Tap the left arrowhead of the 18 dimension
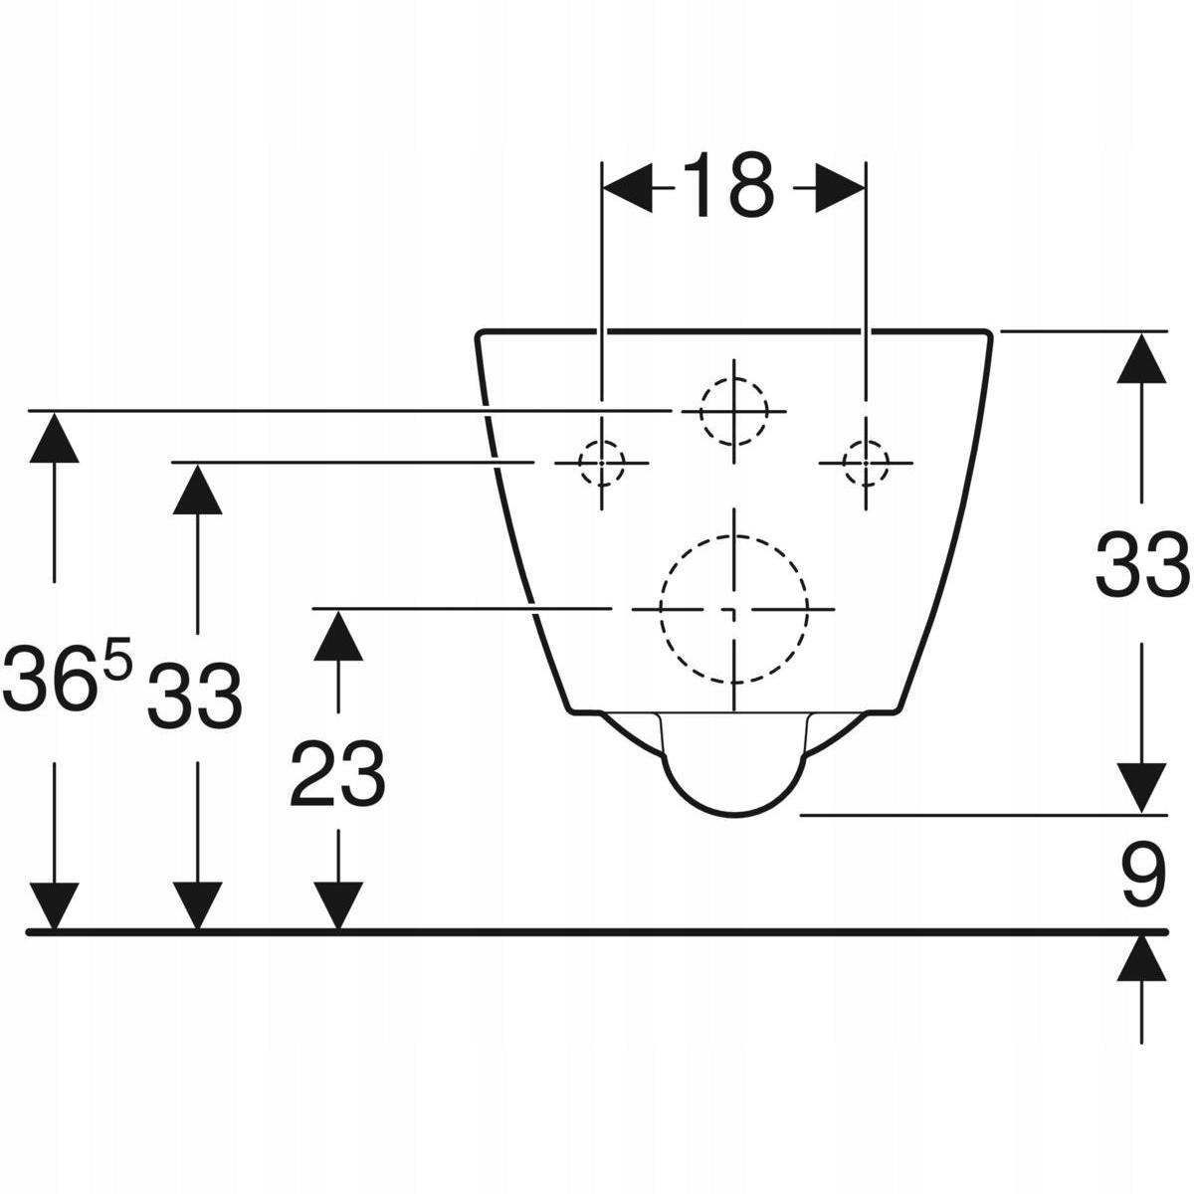pos(627,188)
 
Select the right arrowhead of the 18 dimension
pos(840,188)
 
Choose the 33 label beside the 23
pos(195,696)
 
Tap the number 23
pos(337,774)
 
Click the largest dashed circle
pos(734,609)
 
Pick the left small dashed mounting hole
pos(602,463)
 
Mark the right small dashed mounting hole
pos(866,463)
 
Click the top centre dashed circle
pos(734,411)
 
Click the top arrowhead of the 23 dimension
pos(338,636)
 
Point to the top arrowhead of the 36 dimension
pos(55,438)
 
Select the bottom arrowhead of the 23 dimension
pos(338,906)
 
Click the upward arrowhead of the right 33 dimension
pos(1142,358)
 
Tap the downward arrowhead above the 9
pos(1142,789)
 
